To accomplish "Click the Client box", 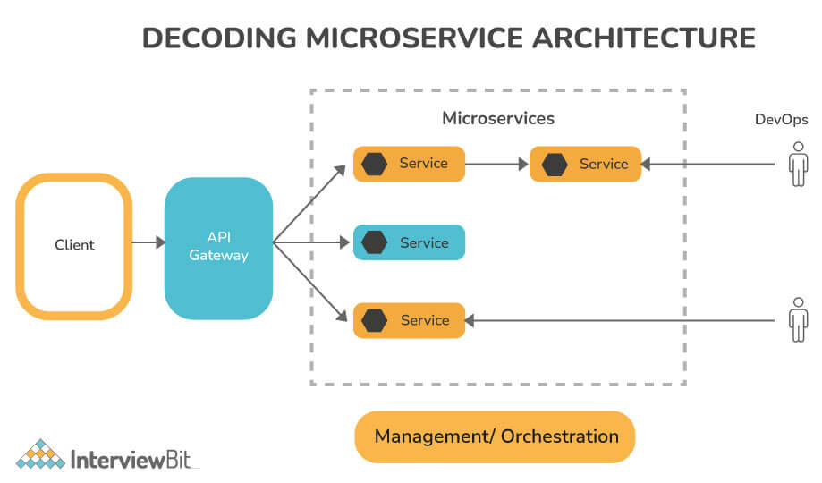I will [74, 245].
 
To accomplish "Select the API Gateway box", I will [218, 248].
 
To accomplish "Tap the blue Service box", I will [409, 242].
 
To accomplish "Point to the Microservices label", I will [498, 118].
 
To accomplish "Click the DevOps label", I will [781, 120].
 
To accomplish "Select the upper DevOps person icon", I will [797, 167].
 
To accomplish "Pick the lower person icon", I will [797, 319].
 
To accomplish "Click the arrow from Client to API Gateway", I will [148, 242].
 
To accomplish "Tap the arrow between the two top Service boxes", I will [496, 165].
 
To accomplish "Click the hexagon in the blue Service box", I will [375, 242].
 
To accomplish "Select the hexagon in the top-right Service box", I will [555, 165].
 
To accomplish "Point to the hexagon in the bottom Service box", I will [375, 320].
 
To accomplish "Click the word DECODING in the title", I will [219, 38].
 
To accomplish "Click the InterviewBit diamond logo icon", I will [40, 455].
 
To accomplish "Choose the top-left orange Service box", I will [409, 164].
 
